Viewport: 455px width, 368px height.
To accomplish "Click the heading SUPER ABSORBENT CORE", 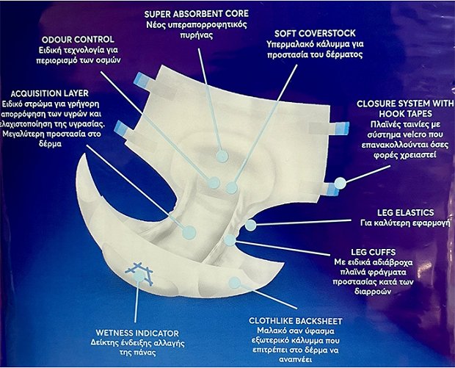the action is click(197, 14).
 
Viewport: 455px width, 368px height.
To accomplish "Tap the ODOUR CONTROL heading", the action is click(78, 40).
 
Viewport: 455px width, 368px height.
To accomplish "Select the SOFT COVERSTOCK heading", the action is click(315, 33).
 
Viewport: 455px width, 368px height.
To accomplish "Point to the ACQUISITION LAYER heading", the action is click(50, 93).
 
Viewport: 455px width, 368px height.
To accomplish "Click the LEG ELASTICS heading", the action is click(405, 212).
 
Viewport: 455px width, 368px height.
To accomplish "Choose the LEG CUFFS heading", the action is click(373, 252).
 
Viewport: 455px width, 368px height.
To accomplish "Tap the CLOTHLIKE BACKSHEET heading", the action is click(296, 321).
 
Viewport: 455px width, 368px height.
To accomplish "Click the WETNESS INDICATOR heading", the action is click(137, 333).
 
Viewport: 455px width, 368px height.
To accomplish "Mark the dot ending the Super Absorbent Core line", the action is click(222, 156).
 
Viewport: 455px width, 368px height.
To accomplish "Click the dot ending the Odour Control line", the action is click(214, 183).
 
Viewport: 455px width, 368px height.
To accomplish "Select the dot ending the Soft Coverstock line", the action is click(232, 188).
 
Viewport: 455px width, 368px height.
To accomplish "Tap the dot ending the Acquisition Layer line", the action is click(189, 232).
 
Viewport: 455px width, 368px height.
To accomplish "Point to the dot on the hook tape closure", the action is click(340, 183).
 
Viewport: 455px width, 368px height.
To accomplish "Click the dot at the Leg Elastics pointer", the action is click(251, 225).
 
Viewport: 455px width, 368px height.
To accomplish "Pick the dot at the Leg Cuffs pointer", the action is click(230, 240).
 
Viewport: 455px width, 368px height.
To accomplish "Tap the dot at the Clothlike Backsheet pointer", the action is click(234, 283).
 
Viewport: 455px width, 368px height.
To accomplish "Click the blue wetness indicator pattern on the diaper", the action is click(139, 274).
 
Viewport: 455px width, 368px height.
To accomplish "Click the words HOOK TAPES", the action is click(405, 114).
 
